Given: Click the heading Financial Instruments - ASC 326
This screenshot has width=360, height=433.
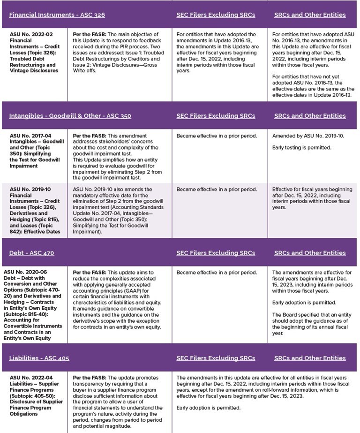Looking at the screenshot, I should [x=57, y=15].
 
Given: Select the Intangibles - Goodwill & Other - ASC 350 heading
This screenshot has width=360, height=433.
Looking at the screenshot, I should [x=70, y=115].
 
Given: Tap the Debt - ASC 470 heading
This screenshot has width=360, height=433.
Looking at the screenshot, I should [x=31, y=253].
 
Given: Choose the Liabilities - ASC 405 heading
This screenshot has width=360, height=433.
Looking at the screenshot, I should [x=39, y=358].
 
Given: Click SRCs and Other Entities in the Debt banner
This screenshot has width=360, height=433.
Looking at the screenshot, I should [x=310, y=253].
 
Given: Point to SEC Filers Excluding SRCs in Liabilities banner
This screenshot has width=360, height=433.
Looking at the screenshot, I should [x=216, y=358].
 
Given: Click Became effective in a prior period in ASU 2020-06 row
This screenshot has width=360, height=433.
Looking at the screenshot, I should [x=217, y=273].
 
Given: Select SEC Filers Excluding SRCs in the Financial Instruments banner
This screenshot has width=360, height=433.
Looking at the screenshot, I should [x=216, y=15].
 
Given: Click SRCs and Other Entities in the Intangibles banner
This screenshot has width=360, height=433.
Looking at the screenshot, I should [x=310, y=115].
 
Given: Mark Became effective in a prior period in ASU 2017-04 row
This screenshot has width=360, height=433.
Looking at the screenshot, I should [x=217, y=136].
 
